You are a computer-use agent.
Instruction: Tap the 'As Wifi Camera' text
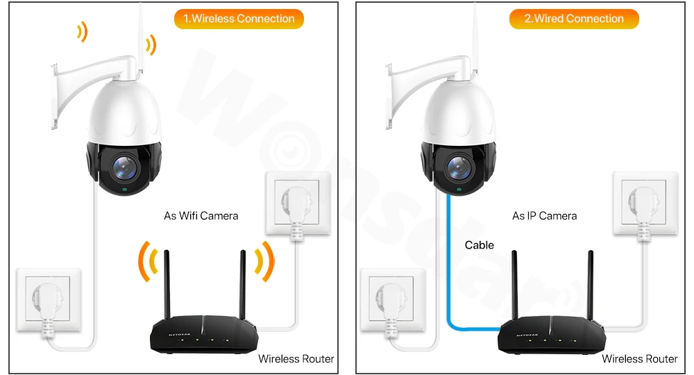(201, 216)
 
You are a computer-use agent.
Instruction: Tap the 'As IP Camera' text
(544, 216)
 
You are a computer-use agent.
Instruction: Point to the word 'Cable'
(480, 244)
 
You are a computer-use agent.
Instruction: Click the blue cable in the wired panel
(449, 278)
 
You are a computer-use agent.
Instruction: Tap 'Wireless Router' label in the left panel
(296, 359)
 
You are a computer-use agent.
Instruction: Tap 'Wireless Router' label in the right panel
(639, 359)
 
